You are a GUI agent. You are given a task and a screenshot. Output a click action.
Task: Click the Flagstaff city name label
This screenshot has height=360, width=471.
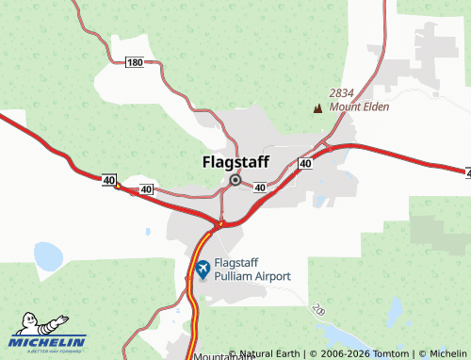235,161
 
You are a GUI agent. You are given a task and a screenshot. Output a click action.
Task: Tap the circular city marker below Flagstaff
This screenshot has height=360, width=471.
235,179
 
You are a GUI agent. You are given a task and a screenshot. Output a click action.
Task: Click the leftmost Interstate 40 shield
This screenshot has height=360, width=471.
109,178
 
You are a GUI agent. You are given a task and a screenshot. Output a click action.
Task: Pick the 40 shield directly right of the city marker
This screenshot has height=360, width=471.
259,188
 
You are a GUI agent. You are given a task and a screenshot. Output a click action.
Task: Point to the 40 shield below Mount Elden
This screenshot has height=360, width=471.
305,164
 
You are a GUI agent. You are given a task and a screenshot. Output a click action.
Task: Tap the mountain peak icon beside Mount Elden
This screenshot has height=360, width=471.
317,108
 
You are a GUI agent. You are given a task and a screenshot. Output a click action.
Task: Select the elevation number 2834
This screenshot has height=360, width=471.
342,93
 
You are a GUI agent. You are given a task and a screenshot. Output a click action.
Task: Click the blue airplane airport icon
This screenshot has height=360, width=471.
202,270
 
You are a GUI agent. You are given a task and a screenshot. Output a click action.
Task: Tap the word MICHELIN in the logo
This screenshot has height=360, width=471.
49,342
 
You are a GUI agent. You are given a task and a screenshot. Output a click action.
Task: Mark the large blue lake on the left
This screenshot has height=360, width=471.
46,255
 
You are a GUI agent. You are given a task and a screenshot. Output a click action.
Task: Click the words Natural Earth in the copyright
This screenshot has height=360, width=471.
270,354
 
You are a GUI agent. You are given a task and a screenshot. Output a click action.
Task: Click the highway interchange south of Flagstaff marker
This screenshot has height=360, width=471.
218,224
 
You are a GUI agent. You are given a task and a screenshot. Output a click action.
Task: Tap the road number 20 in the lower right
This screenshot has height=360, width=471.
318,309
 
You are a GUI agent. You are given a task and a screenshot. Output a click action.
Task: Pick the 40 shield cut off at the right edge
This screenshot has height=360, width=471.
467,172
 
